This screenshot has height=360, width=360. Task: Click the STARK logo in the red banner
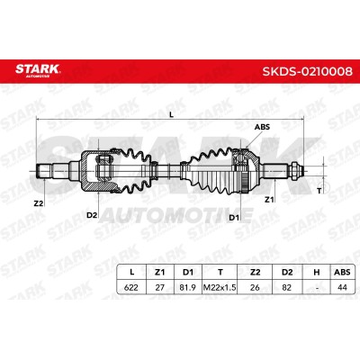[38, 71]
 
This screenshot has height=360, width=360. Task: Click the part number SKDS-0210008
[308, 71]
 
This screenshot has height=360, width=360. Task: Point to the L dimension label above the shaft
[171, 114]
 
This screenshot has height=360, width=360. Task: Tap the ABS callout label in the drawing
[262, 127]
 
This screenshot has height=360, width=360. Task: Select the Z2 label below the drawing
[39, 203]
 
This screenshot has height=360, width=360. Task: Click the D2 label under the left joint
[92, 215]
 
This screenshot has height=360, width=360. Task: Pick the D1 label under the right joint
[234, 218]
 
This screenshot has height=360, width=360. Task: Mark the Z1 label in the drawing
[269, 199]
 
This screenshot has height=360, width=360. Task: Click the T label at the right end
[319, 191]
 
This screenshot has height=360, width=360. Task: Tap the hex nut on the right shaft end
[294, 171]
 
